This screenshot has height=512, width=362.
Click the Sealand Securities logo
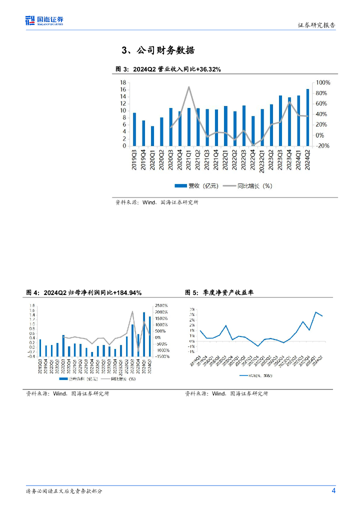coord(45,20)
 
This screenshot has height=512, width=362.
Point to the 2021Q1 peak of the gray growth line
coord(188,87)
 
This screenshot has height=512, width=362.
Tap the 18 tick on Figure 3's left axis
coord(122,82)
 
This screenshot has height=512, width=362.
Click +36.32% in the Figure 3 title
coord(203,69)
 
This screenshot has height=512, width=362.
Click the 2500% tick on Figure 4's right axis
coord(161,305)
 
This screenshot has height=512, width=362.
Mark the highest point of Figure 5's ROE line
coord(316,312)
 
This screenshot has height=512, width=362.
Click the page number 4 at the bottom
coord(333,490)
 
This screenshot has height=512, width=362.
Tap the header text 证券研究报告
coord(316,25)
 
